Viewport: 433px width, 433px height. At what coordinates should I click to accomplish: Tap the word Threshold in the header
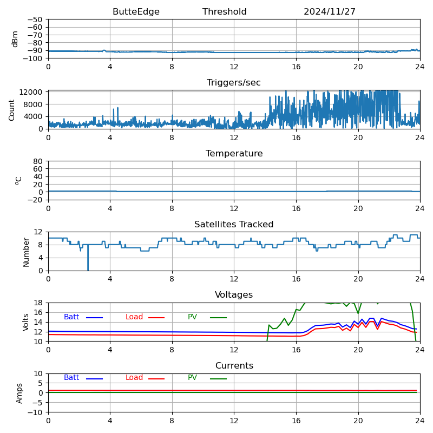click(x=225, y=12)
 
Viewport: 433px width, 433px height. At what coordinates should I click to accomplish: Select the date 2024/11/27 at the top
click(x=330, y=12)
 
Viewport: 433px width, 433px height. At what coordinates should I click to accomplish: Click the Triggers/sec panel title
click(x=234, y=83)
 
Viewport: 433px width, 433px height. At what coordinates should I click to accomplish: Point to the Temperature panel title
click(x=234, y=154)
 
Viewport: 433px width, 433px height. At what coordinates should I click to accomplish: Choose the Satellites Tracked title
click(x=234, y=225)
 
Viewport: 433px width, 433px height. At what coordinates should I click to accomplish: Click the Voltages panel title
click(x=234, y=295)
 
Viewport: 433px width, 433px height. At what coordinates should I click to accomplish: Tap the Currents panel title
click(x=234, y=366)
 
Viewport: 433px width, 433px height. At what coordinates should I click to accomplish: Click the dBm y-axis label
click(x=15, y=38)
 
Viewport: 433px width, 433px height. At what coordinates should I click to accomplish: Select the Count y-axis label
click(x=12, y=109)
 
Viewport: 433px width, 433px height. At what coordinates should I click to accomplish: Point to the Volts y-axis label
click(x=26, y=322)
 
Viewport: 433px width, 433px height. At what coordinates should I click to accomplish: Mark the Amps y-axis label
click(x=20, y=392)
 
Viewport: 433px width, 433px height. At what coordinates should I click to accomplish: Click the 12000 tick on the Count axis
click(x=32, y=93)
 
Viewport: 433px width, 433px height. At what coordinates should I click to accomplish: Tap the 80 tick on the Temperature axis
click(x=38, y=161)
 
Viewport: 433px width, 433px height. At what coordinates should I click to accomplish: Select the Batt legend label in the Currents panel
click(x=71, y=378)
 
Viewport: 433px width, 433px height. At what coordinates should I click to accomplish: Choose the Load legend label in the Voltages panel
click(x=134, y=317)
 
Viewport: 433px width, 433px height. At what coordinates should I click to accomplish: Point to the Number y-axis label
click(x=26, y=251)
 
